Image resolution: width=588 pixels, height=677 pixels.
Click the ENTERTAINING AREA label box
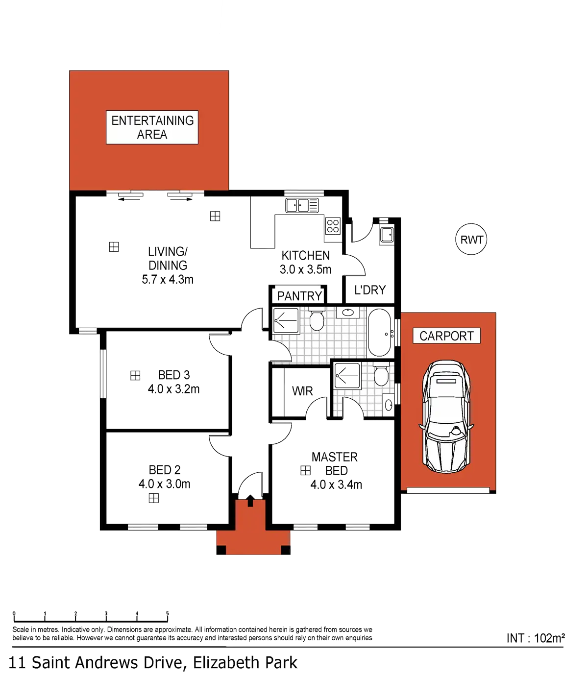point(152,127)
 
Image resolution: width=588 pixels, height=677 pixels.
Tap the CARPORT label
point(446,336)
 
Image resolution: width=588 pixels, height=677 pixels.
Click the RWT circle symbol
point(471,240)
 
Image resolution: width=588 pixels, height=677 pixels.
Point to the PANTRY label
point(299,296)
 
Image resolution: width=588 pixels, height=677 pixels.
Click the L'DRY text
point(370,290)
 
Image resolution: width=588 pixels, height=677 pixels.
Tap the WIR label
point(302,391)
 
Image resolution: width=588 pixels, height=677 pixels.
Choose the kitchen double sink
point(302,205)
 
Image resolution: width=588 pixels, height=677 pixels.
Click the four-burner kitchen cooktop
point(333,226)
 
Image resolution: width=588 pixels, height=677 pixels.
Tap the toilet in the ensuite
point(381,377)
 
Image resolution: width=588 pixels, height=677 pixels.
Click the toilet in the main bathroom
point(317,319)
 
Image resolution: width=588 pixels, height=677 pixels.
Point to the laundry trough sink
point(386,234)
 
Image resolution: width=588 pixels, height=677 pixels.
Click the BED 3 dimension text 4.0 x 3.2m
point(173,389)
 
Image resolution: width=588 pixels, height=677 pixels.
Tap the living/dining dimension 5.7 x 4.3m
point(168,280)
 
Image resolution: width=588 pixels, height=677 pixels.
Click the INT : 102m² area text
point(536,638)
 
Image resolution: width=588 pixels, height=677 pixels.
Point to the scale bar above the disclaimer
point(91,615)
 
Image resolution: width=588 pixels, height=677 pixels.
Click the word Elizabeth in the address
point(225,663)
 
